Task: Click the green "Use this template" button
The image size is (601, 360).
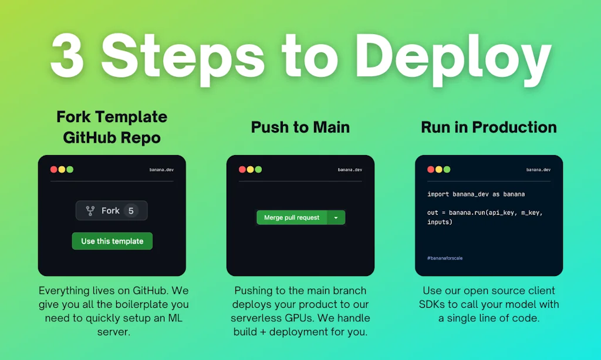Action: (x=112, y=241)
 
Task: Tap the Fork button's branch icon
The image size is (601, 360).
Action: (x=90, y=210)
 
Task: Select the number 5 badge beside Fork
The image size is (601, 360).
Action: (x=131, y=210)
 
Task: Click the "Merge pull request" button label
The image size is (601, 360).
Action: (x=292, y=217)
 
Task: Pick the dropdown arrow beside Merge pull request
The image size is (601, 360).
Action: (x=336, y=218)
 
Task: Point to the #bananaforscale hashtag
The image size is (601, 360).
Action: (x=445, y=258)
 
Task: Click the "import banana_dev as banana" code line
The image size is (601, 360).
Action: (x=476, y=194)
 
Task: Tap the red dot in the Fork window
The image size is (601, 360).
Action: (x=53, y=170)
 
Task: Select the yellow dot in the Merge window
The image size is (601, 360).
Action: (x=250, y=170)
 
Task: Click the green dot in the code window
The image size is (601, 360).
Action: (x=447, y=170)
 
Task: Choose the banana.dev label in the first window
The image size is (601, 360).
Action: (x=161, y=170)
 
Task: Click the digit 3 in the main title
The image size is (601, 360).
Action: (x=67, y=56)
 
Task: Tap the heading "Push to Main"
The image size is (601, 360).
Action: (x=300, y=127)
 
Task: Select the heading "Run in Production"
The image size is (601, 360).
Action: (x=489, y=127)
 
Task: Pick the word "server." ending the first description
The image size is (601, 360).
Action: (x=113, y=332)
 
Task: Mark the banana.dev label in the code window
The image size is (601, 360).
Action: (x=538, y=170)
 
